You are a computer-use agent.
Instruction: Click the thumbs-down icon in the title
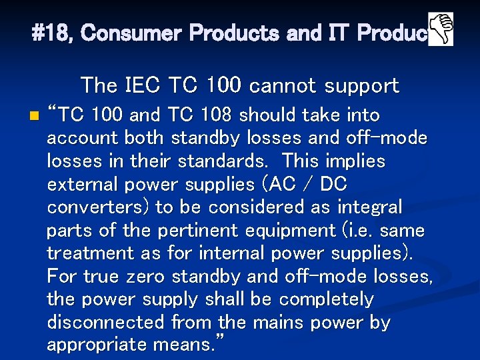click(440, 29)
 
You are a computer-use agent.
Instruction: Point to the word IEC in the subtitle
click(143, 85)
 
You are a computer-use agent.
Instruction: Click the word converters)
click(98, 207)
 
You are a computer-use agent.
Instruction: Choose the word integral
click(369, 207)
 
